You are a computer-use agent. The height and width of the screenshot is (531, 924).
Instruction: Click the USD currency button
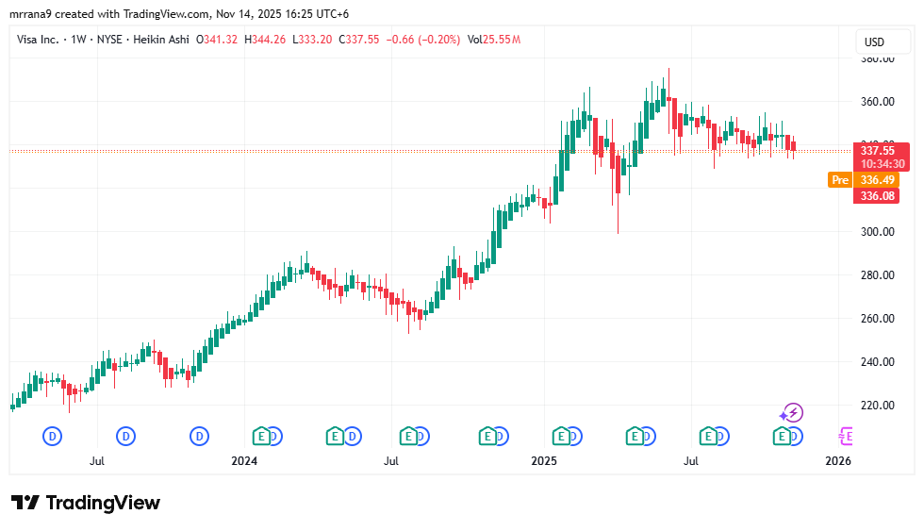point(874,41)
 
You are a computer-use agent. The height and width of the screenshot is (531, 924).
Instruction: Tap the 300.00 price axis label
point(879,232)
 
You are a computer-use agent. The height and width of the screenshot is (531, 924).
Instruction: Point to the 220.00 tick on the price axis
point(879,406)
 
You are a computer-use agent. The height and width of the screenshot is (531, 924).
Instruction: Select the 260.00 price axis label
point(879,319)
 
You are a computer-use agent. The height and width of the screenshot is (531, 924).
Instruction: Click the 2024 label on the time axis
point(244,461)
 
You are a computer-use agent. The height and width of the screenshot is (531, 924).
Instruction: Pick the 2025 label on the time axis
point(544,461)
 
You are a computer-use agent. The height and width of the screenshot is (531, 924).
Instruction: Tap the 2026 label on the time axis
point(837,461)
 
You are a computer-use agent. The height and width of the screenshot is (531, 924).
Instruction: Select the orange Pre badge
point(839,180)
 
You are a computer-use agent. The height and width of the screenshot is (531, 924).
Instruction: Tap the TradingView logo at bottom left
point(86,503)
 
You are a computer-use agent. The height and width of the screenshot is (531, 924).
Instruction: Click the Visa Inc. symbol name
point(45,40)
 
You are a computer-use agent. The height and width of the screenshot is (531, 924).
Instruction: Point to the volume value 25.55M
point(501,40)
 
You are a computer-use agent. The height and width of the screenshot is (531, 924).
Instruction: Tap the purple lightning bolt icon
point(792,412)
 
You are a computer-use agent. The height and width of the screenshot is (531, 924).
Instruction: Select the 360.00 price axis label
point(879,102)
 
